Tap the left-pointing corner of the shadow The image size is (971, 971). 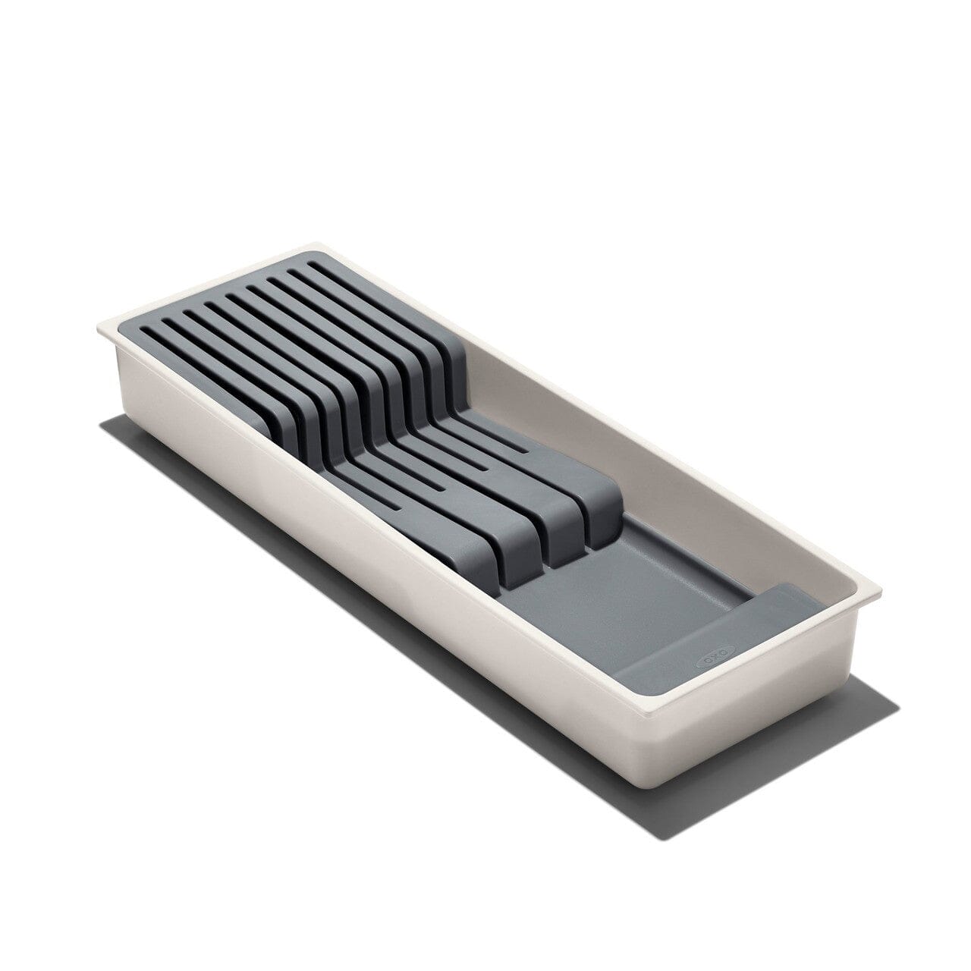coord(103,429)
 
